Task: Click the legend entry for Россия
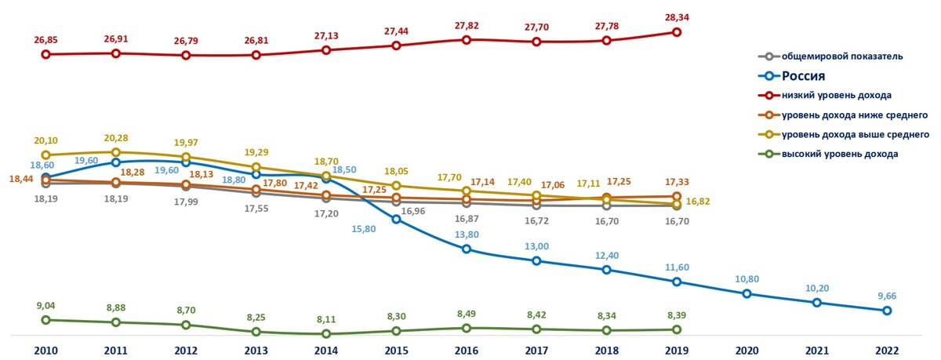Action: [815, 76]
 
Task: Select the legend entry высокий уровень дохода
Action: [839, 154]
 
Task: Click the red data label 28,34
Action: [676, 17]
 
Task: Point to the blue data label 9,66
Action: [887, 296]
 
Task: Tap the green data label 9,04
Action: [45, 306]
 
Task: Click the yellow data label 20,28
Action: [115, 137]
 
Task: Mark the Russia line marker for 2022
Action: [887, 311]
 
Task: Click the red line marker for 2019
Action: [676, 32]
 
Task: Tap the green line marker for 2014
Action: [326, 334]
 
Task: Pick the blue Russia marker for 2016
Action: [466, 249]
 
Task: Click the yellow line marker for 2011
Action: [115, 152]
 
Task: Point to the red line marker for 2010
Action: [45, 54]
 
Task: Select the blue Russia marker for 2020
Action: [747, 293]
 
